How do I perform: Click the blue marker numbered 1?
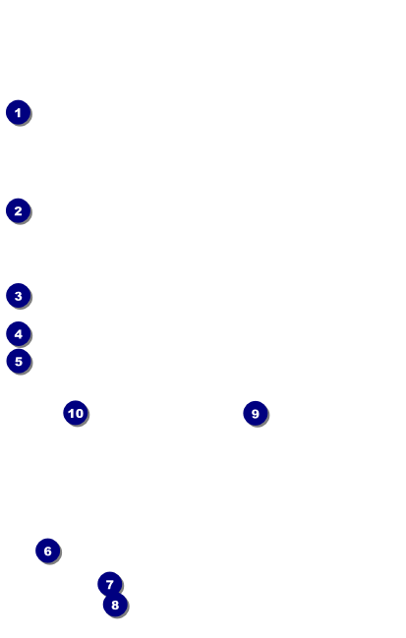click(x=19, y=112)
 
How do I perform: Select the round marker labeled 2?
click(x=19, y=210)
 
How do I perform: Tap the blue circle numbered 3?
click(x=19, y=296)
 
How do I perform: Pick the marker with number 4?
click(x=19, y=334)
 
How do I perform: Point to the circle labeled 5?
click(x=19, y=361)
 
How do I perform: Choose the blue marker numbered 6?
click(x=48, y=551)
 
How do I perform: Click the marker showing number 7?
click(x=110, y=584)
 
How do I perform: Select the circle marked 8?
click(x=115, y=605)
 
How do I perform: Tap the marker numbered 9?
click(x=256, y=414)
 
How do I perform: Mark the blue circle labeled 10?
click(x=76, y=413)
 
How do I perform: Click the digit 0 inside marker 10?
click(x=79, y=414)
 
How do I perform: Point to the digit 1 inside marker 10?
click(x=71, y=414)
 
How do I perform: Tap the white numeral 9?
click(x=256, y=414)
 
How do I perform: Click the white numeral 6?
click(x=48, y=551)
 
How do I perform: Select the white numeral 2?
click(x=19, y=211)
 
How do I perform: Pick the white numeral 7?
click(x=110, y=584)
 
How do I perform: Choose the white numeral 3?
click(x=19, y=296)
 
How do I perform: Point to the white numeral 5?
click(x=19, y=362)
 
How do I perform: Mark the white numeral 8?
click(x=115, y=605)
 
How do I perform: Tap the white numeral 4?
click(x=19, y=334)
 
